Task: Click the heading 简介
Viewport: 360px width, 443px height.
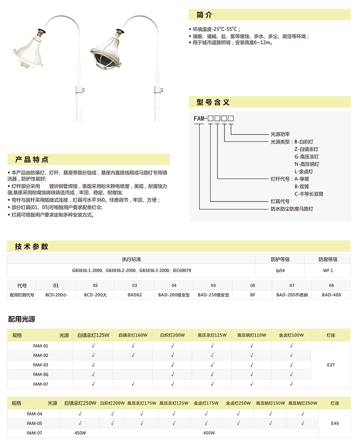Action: point(205,14)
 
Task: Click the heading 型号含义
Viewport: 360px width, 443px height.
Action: point(213,102)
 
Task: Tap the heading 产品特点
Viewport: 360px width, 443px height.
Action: point(32,160)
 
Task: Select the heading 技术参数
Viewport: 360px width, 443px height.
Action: point(31,246)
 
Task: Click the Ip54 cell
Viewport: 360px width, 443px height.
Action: point(280,270)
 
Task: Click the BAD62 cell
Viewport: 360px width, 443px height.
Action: point(134,295)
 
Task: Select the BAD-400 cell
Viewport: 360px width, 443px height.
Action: point(331,295)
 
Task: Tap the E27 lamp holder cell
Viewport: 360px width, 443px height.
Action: point(330,365)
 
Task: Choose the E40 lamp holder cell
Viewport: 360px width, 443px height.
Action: point(335,423)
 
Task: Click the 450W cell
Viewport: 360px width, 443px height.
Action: point(80,432)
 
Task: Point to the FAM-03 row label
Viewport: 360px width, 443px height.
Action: point(40,364)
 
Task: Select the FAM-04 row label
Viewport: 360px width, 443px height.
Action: point(34,413)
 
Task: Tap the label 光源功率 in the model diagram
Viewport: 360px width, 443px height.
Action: point(280,134)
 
